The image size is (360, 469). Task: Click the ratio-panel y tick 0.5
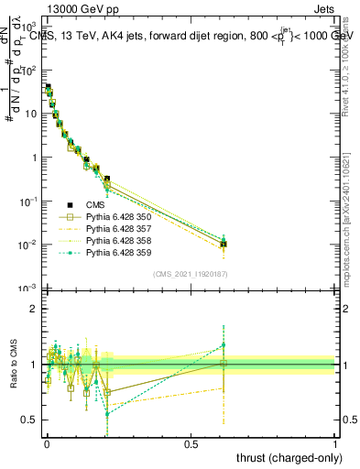coord(30,420)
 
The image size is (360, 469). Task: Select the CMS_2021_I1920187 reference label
coord(190,273)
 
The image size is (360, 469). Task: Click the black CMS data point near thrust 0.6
coord(223,245)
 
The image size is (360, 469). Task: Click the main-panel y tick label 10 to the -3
coord(28,289)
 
